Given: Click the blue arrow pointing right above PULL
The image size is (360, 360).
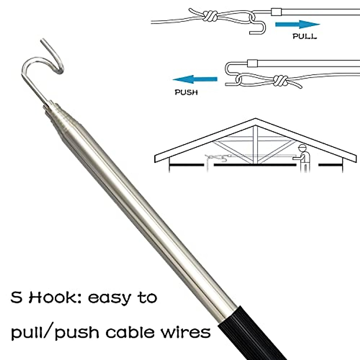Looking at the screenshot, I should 297,25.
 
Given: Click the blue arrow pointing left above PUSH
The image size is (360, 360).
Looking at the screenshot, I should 195,79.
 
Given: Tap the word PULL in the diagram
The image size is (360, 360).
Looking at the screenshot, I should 304,37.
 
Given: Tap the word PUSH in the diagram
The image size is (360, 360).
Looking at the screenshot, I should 186,92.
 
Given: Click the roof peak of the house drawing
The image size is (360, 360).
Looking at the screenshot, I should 255,119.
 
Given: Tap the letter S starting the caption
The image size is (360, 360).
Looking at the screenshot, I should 17,298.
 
